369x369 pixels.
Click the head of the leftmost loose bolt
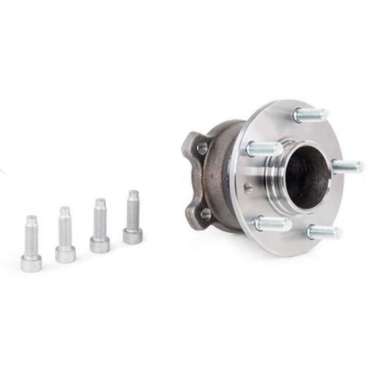[x=31, y=263]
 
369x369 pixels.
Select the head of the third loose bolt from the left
[x=100, y=245]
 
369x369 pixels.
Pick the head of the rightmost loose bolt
[x=133, y=236]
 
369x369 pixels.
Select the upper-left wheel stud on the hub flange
[x=263, y=149]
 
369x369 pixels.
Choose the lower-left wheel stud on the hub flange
[x=272, y=223]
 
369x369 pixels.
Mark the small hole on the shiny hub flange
[x=248, y=187]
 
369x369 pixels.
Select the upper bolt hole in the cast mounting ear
[x=202, y=148]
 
